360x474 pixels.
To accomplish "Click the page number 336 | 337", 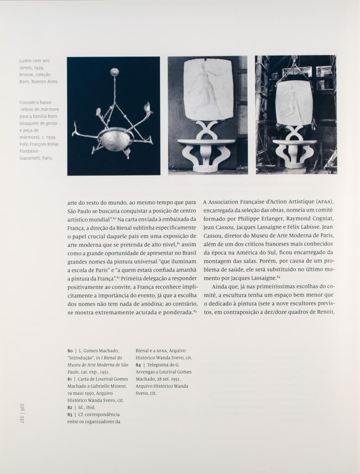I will click(x=22, y=412).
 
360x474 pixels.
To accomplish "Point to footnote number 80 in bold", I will click(x=70, y=350).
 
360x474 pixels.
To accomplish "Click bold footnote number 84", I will click(x=138, y=365).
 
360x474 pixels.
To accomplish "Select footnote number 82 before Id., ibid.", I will click(x=70, y=407).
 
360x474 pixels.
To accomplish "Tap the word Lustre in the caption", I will click(x=26, y=61).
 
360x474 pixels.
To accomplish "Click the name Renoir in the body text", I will click(x=324, y=312).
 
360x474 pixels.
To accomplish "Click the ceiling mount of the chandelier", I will click(x=115, y=72).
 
